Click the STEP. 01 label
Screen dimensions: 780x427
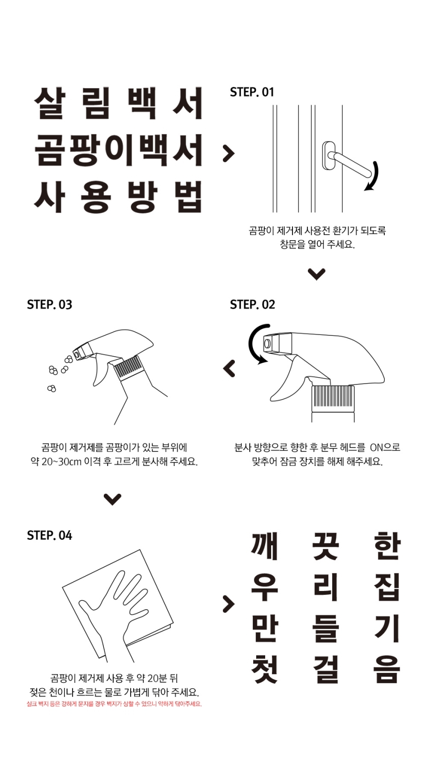[x=252, y=92]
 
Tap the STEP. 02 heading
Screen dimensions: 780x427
[x=252, y=305]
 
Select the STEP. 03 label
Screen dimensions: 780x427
[x=50, y=305]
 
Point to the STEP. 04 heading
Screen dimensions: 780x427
[x=50, y=535]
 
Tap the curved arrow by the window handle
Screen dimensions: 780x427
[x=372, y=176]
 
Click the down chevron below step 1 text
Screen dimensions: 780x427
[x=316, y=274]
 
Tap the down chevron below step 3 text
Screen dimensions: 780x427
[x=113, y=499]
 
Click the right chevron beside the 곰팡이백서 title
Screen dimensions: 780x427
[x=228, y=153]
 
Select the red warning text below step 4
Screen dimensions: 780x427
[x=114, y=704]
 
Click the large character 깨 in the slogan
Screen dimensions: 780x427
[x=264, y=545]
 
